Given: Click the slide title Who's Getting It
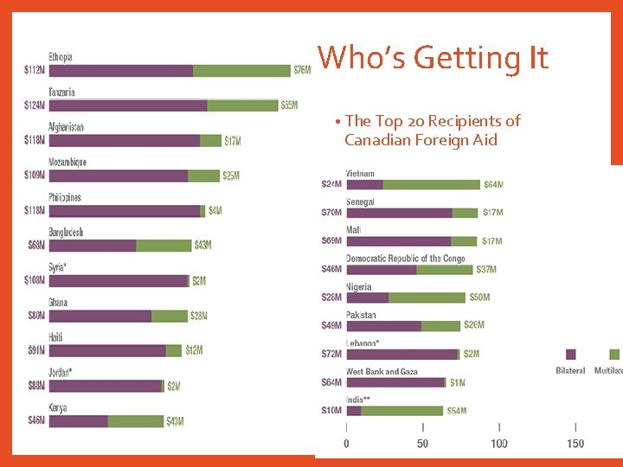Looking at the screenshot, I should coord(433,58).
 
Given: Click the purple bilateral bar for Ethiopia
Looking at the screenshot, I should coord(121,70).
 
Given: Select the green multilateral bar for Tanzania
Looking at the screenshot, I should coord(242,106).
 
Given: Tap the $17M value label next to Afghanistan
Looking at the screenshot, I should coord(234,141).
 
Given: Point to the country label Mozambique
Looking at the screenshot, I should coord(67,163).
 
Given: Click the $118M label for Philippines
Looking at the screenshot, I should coord(35,211).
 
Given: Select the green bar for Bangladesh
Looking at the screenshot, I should coord(164,246).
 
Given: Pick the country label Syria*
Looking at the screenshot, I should coord(57,267).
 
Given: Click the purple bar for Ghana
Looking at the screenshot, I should coord(100,316).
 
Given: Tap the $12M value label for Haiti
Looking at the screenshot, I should coord(194,350).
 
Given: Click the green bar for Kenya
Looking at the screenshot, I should coord(136,421).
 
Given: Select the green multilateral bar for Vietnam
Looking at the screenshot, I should coord(431,184).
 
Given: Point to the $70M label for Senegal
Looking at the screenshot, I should coord(331,213).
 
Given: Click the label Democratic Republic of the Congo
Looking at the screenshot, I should coord(405,259).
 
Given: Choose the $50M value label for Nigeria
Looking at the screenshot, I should coord(479,297).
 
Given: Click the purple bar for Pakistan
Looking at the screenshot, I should coord(383,326).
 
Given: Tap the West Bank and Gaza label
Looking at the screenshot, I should coord(382,372).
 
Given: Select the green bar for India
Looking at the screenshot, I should coord(401,411).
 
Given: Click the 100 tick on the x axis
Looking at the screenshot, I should coord(498,444).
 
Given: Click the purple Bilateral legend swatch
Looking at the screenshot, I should coord(570,355).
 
